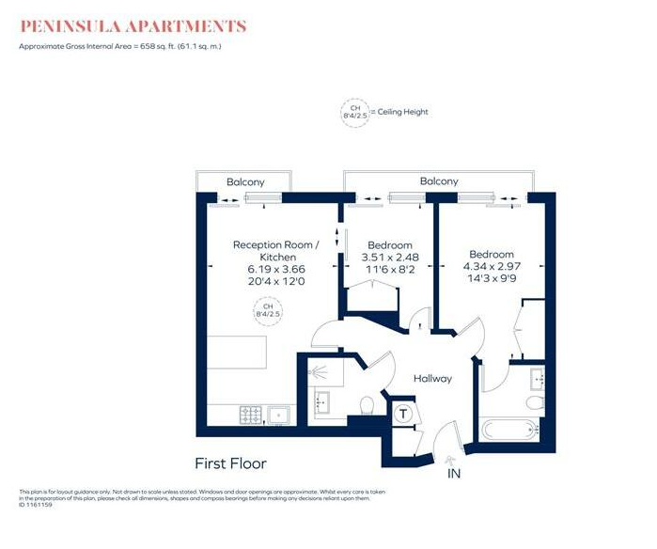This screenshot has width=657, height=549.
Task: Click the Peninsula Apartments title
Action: (x=133, y=26)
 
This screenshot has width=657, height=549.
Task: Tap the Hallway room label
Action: (x=433, y=379)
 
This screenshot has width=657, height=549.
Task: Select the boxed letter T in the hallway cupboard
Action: (x=404, y=414)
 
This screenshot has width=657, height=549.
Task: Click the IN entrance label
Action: (x=454, y=475)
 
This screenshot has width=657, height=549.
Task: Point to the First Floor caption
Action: (x=230, y=463)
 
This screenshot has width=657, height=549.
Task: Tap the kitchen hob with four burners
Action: (x=253, y=413)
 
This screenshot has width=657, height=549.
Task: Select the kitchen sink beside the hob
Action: (x=278, y=413)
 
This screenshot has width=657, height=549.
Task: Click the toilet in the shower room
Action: (x=368, y=405)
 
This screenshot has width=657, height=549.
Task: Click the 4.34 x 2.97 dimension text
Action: (x=492, y=266)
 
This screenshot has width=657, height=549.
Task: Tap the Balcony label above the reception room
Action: (x=245, y=181)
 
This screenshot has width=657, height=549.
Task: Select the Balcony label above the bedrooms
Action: (x=439, y=180)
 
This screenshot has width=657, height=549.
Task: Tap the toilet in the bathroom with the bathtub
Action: (x=534, y=402)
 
